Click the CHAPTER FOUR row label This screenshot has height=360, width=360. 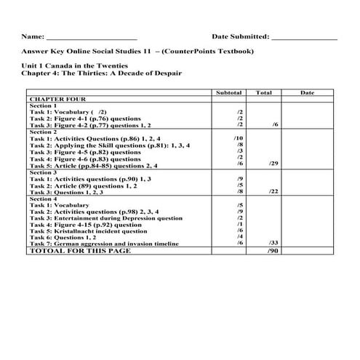57,100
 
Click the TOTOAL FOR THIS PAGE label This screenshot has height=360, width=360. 79,250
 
